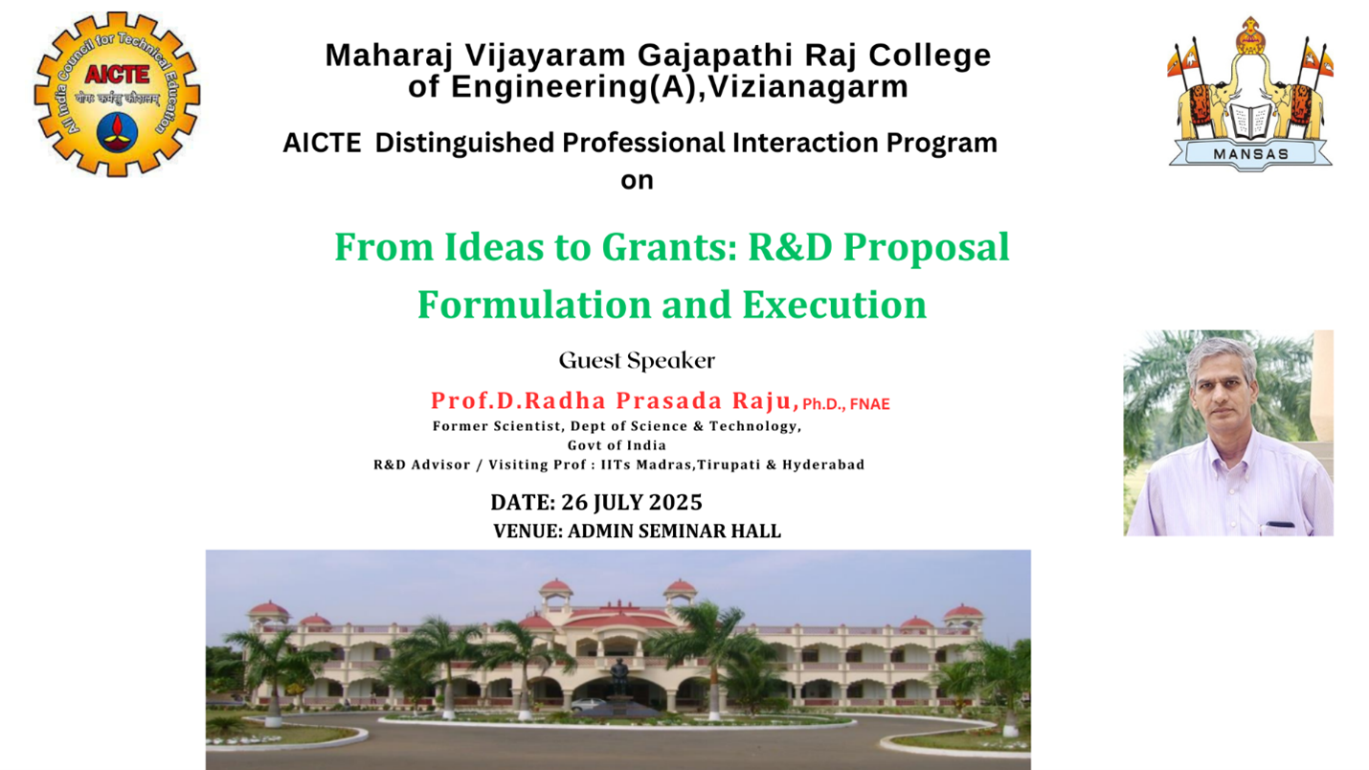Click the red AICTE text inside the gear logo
point(118,74)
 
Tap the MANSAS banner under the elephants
point(1250,153)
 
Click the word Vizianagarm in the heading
point(808,86)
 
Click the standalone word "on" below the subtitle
point(637,180)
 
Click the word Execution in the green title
point(834,304)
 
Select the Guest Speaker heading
point(637,361)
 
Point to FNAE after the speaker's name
point(869,403)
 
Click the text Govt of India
point(617,445)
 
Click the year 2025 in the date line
point(675,502)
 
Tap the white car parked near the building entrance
point(588,705)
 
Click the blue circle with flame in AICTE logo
point(117,132)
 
